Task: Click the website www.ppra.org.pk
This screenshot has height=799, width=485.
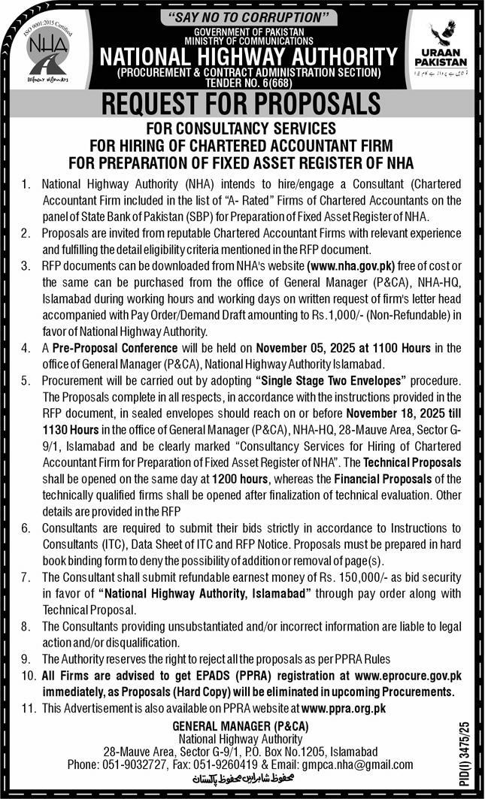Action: click(x=343, y=707)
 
